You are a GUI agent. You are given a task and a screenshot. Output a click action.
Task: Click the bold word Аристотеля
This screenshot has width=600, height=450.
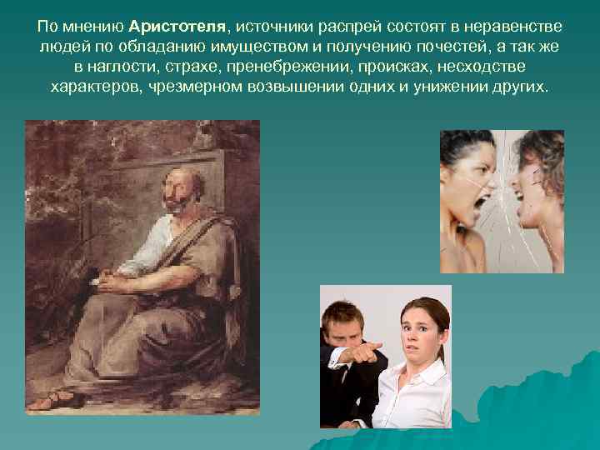(176, 26)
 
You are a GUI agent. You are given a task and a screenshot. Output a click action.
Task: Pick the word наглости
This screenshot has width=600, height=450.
(127, 66)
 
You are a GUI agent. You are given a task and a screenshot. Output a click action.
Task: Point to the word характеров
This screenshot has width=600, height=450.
(97, 86)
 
